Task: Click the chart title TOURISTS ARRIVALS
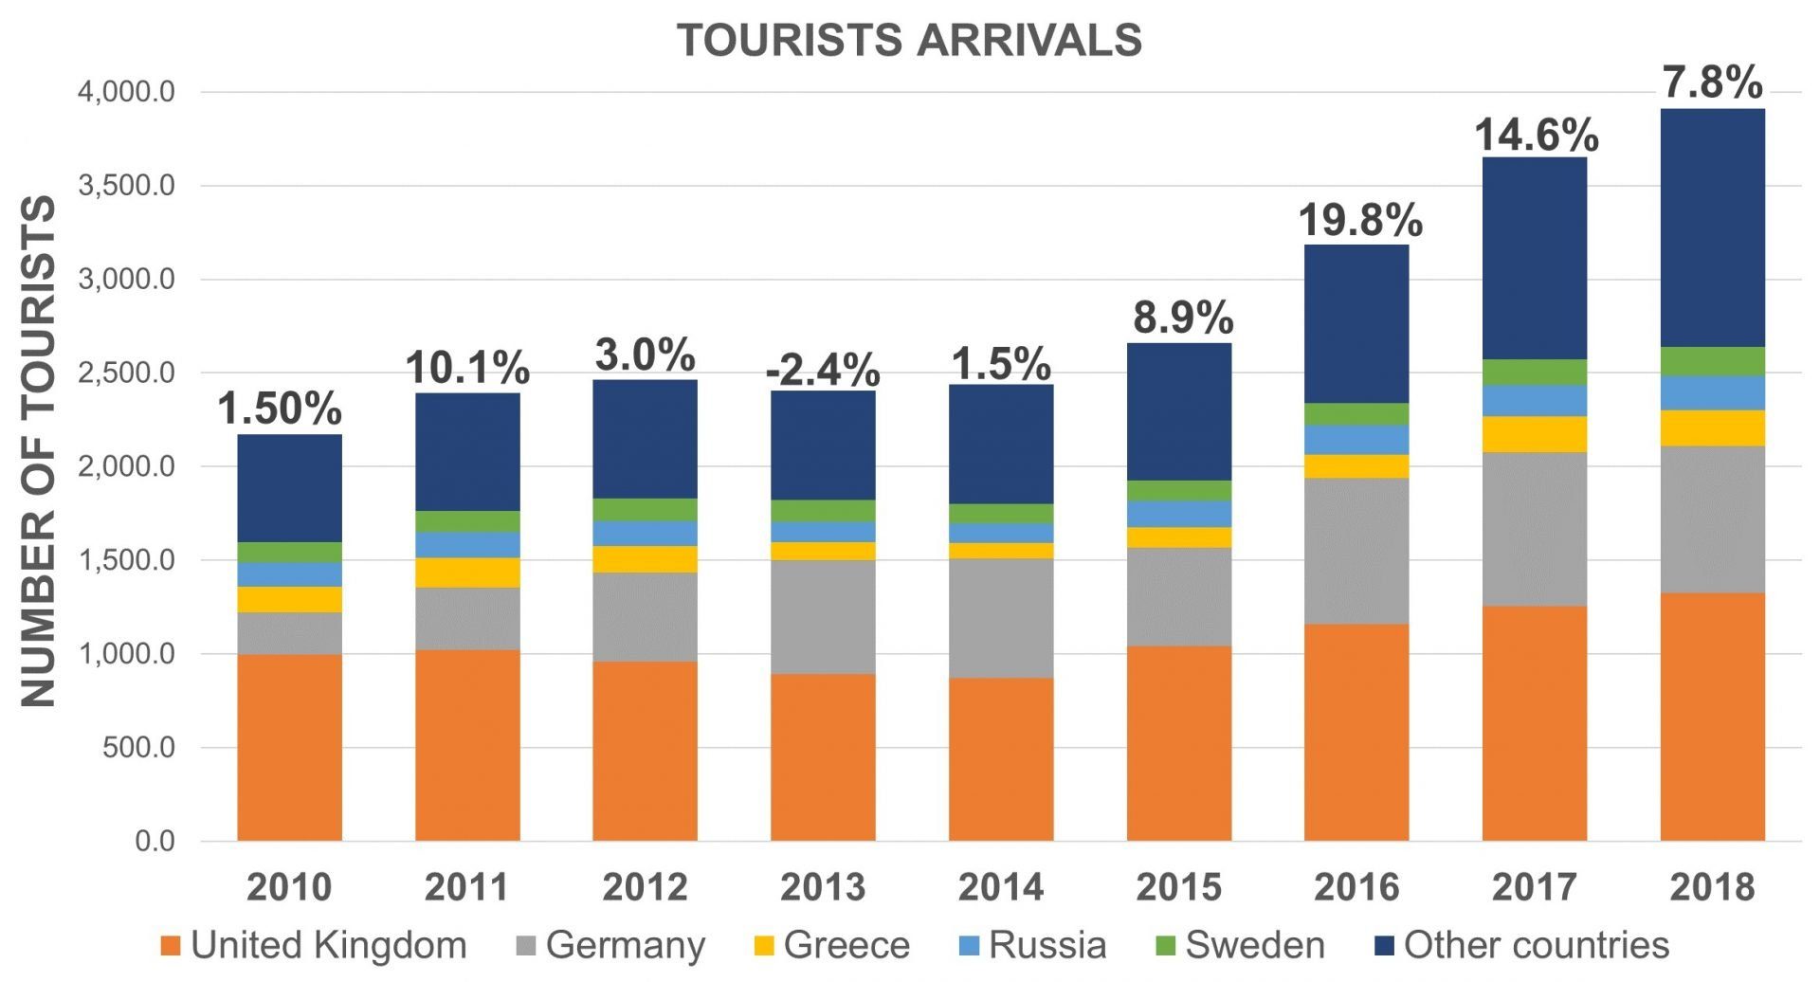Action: [x=909, y=41]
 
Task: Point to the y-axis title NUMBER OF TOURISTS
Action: [x=39, y=451]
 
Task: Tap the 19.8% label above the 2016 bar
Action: [x=1360, y=221]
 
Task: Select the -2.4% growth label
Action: [x=823, y=370]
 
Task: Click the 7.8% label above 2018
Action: [x=1713, y=82]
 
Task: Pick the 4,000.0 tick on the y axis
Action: [x=127, y=92]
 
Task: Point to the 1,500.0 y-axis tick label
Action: [x=127, y=560]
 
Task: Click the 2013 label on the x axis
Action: [x=823, y=887]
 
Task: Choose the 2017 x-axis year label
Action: [x=1535, y=887]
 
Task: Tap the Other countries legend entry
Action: [x=1522, y=945]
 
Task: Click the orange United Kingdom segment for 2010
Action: [x=289, y=747]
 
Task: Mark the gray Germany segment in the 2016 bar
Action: [x=1356, y=551]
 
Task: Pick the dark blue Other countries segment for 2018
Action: [x=1713, y=227]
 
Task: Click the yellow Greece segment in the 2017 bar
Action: [x=1535, y=434]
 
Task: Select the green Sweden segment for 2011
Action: [x=467, y=521]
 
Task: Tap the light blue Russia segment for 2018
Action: [x=1713, y=392]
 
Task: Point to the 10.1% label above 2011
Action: [x=467, y=368]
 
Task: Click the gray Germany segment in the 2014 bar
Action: [x=1001, y=618]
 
